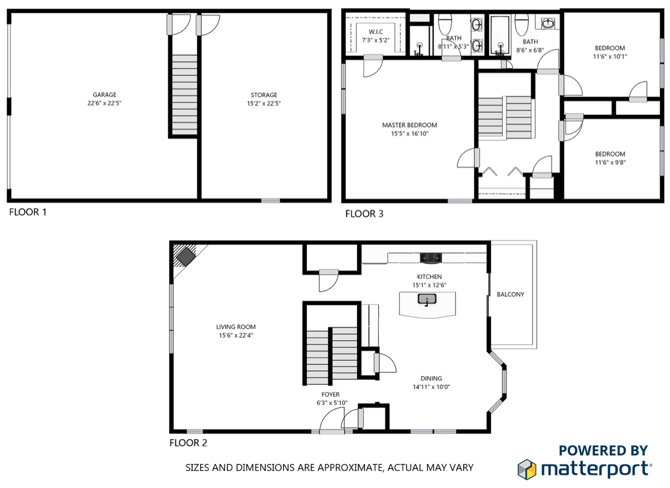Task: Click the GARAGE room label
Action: click(x=104, y=95)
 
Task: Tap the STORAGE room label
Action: click(x=264, y=95)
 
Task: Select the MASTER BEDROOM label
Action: click(x=410, y=125)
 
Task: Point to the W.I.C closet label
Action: click(x=376, y=32)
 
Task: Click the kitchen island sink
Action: click(x=427, y=299)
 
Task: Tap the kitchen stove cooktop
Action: click(x=431, y=258)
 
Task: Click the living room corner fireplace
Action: click(x=186, y=256)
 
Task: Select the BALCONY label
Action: click(x=510, y=294)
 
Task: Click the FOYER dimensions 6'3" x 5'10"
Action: click(x=332, y=403)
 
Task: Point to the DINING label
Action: click(x=431, y=378)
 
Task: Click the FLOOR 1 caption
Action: click(x=28, y=212)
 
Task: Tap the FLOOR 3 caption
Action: click(x=364, y=214)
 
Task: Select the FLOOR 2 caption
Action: click(x=188, y=443)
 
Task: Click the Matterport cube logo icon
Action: click(x=527, y=470)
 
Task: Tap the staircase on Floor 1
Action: click(x=185, y=95)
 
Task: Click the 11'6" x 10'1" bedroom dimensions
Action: click(x=610, y=56)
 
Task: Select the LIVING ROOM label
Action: click(x=236, y=327)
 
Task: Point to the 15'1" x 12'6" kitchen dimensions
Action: click(x=429, y=285)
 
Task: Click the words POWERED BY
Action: click(x=603, y=451)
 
